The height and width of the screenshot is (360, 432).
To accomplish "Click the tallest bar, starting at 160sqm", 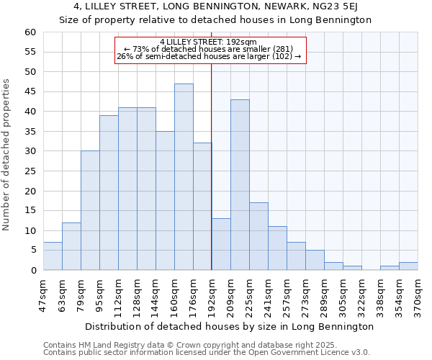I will tap(184, 177).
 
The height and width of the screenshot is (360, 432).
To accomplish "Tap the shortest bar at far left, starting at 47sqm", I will tap(53, 256).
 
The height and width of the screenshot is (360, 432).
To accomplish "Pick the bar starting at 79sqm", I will tap(90, 210).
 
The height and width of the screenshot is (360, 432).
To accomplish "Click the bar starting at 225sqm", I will tap(258, 236).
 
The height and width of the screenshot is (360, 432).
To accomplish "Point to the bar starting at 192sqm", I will tap(221, 244).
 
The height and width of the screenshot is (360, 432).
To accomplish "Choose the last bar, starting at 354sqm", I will tap(408, 266).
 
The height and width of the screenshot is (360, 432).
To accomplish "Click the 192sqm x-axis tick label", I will tap(212, 294).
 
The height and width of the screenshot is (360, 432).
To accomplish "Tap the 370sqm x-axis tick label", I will tap(418, 294).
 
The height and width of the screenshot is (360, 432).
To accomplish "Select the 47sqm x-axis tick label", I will tap(44, 294).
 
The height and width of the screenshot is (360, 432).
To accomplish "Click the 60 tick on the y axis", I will tap(30, 32).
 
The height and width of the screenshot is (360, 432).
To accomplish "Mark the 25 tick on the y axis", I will tap(30, 171).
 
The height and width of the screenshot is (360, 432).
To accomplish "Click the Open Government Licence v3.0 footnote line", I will tap(206, 352).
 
